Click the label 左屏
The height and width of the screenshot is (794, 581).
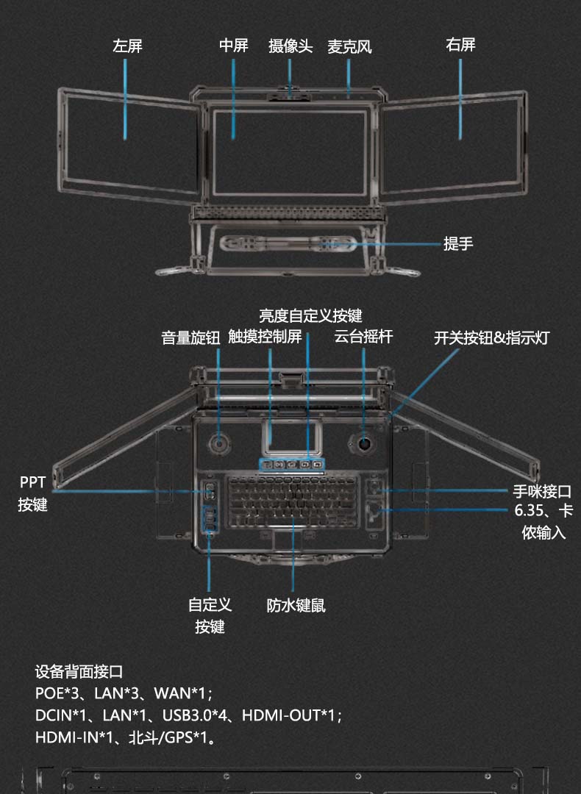point(127,46)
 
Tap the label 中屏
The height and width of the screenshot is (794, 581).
point(233,46)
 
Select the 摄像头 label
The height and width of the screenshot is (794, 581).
point(290,46)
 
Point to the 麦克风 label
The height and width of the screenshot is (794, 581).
point(349,47)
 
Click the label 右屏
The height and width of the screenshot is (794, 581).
point(460,45)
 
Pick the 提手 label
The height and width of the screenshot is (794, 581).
point(457,244)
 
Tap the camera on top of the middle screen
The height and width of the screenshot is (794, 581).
point(290,94)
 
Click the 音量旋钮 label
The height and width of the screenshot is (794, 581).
point(190,337)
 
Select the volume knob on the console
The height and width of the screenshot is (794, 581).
point(219,444)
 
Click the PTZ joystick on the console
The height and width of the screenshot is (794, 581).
point(364,444)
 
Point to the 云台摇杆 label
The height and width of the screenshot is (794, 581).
point(363,337)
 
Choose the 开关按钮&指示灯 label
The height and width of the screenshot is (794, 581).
point(491,338)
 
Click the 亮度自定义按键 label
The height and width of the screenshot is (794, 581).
point(310,316)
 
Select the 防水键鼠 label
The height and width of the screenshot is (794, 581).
point(296,606)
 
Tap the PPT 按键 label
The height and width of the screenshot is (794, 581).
point(32,493)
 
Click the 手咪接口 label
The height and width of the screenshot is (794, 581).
point(542,492)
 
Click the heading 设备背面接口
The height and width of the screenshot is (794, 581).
point(79,672)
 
